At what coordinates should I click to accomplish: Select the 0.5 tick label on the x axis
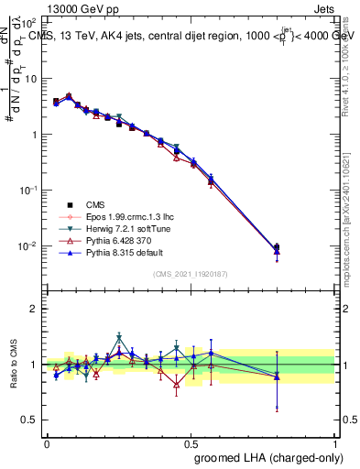[191, 442]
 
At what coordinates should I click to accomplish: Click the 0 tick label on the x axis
[47, 442]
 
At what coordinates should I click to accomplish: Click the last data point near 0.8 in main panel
[278, 247]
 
